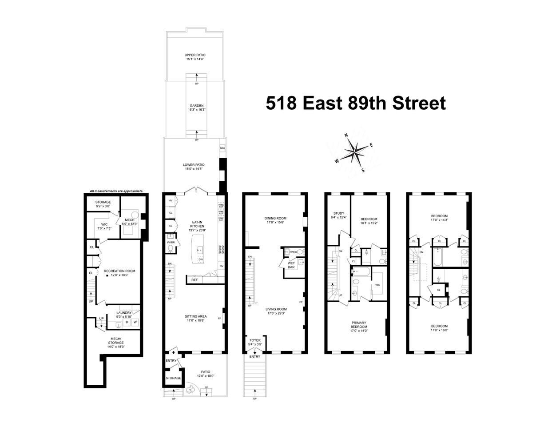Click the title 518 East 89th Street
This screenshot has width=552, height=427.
point(355,104)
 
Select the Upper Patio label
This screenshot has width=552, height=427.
point(195,57)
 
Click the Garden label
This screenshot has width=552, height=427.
point(195,108)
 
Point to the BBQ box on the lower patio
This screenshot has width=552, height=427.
point(222,148)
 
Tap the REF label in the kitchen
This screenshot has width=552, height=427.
point(195,280)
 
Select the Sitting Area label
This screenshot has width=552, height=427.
point(196,319)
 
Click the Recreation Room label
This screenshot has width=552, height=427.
point(119,273)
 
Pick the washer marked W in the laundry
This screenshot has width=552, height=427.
point(135,322)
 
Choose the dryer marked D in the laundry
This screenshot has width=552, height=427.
point(127,322)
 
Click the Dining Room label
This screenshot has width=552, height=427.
point(275,220)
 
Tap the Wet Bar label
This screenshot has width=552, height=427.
point(291,265)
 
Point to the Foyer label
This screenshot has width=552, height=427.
point(255,342)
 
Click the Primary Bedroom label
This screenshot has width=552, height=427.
point(359,326)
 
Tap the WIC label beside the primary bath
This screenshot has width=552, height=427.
point(377,285)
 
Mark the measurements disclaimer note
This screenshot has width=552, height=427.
point(116,191)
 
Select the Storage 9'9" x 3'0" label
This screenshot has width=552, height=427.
point(103,204)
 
